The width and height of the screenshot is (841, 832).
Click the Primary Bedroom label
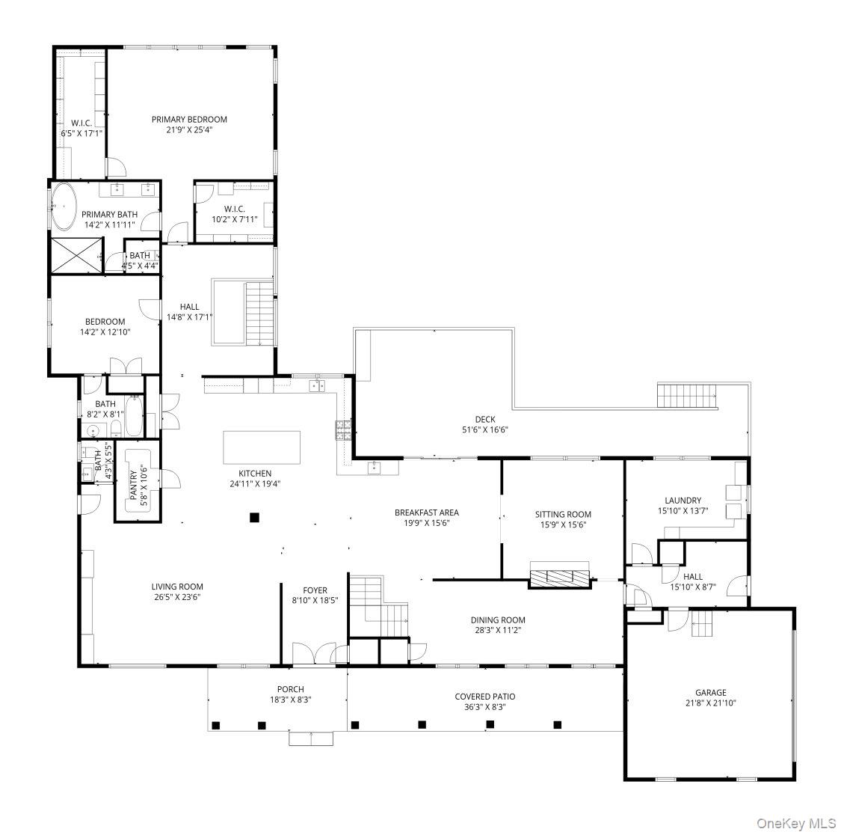(189, 119)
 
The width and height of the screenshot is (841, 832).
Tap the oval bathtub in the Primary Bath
(64, 206)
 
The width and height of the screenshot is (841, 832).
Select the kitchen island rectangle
(262, 447)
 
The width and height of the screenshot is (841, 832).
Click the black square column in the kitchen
(255, 518)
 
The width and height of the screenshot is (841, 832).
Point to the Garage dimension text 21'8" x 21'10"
(711, 703)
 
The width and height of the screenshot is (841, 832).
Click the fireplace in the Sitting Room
(560, 577)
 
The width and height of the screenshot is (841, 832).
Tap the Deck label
(485, 419)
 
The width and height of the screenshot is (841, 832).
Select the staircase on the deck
(688, 396)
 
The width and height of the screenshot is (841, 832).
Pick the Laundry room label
(683, 501)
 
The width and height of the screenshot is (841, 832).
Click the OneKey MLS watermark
(796, 823)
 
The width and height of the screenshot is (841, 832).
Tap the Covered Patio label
(485, 696)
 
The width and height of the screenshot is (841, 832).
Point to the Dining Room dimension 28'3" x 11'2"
(498, 630)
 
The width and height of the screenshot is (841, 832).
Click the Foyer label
(315, 590)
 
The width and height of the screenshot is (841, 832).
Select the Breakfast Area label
(426, 512)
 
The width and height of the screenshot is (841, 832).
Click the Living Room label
(177, 586)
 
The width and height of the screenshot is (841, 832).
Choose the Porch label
(291, 688)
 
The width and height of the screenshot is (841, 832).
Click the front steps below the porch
(311, 738)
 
